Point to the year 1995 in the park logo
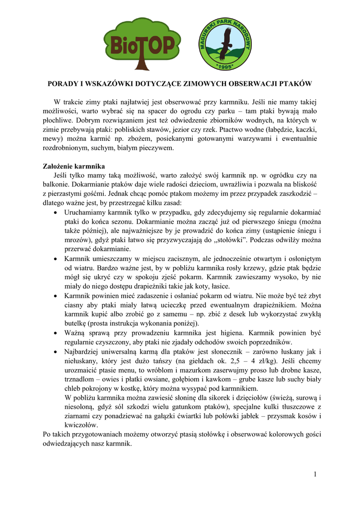click(x=226, y=65)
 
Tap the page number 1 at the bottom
click(x=315, y=475)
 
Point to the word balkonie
click(x=58, y=185)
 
